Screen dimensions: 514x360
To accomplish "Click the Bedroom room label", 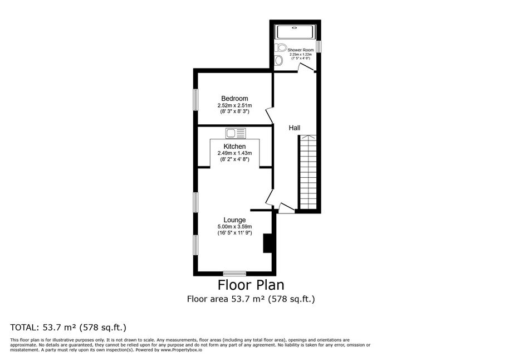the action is pos(234,99).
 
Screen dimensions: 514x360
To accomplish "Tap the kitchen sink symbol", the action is pos(236,133).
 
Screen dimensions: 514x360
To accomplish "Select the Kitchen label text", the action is pos(234,147).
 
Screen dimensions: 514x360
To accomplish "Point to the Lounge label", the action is pos(234,220).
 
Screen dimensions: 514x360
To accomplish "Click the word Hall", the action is pos(295,128).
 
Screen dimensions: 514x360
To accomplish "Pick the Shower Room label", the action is pos(301,50).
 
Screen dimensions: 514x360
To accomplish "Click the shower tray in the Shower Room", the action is pos(296,32).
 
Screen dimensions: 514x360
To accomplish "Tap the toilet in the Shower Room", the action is pos(280,47).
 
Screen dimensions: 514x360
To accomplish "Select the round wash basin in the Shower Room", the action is pos(279,60).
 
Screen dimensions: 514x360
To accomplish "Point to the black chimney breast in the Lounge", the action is pos(267,243).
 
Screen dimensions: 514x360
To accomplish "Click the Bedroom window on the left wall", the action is pos(195,99).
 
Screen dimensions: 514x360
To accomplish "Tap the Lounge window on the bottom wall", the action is pos(234,274).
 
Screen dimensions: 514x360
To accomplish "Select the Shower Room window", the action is pos(319,46).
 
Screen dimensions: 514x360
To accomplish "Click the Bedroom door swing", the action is pos(270,115).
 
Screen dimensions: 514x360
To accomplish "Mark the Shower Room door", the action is pos(306,67).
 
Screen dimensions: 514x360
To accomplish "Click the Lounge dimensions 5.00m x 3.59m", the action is pos(234,227).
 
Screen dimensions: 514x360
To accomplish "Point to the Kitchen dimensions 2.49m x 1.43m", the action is pos(234,153).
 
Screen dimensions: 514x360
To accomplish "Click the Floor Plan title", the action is pos(251,285).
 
